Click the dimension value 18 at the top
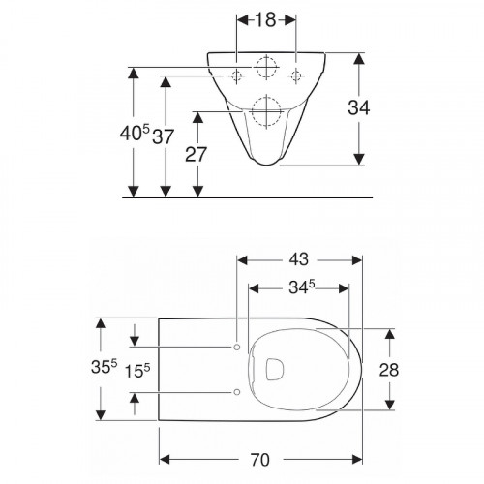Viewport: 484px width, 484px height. [266, 20]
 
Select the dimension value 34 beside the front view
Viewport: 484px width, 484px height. [359, 107]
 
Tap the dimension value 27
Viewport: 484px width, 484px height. [196, 155]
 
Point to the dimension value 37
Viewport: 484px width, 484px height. [164, 136]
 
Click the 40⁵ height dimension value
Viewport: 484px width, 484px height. [135, 133]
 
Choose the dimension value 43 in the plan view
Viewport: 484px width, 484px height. [298, 259]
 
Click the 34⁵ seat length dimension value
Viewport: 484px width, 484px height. [302, 287]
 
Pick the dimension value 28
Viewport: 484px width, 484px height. [389, 370]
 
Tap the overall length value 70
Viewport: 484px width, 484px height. [260, 460]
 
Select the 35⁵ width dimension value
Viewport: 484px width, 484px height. [104, 367]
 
